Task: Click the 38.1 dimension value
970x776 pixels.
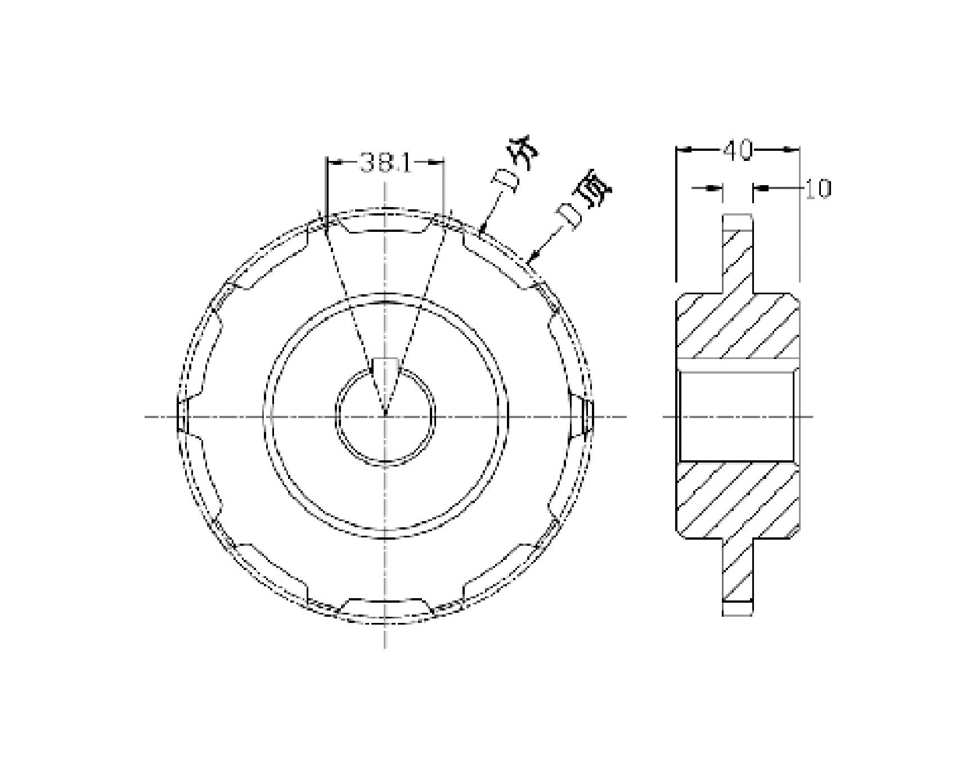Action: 385,163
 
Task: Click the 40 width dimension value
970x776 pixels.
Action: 737,150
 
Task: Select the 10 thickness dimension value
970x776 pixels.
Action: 817,189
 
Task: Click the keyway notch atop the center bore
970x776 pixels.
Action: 385,366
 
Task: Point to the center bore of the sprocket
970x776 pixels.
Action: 385,417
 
